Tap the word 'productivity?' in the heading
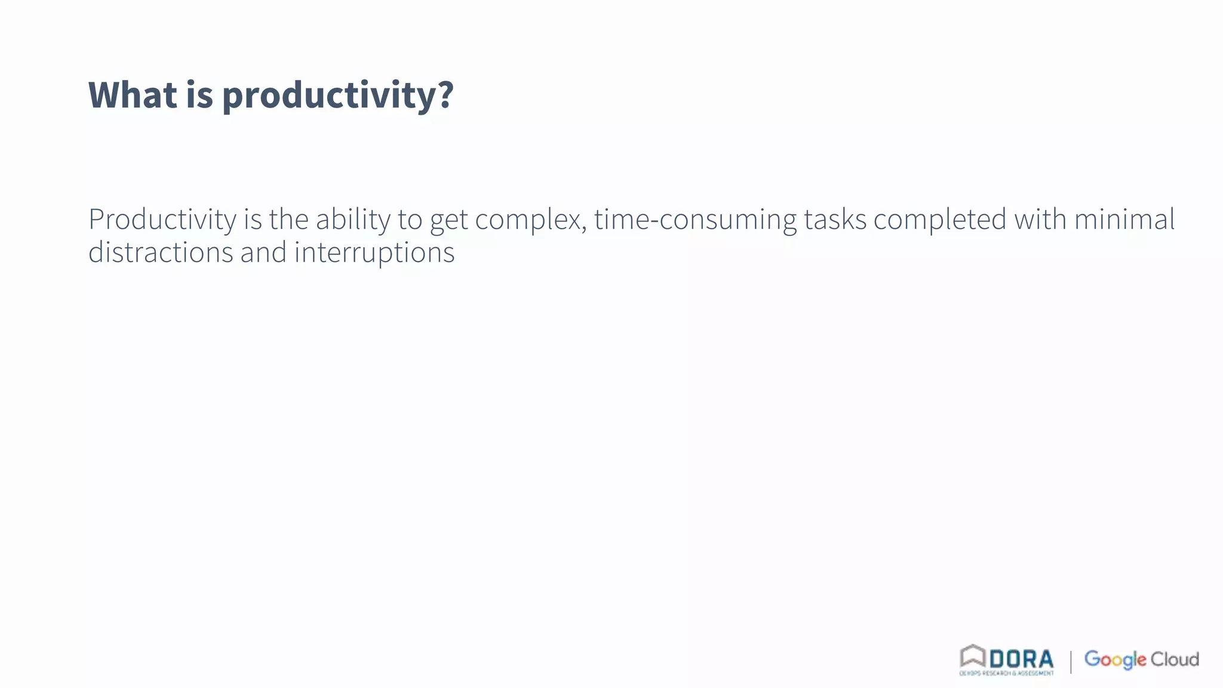pyautogui.click(x=338, y=96)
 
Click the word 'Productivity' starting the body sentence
pyautogui.click(x=162, y=220)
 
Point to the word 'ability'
pyautogui.click(x=353, y=220)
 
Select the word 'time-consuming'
pyautogui.click(x=695, y=220)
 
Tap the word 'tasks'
pyautogui.click(x=835, y=219)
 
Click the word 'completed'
pyautogui.click(x=940, y=220)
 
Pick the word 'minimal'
pyautogui.click(x=1124, y=219)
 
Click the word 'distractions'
pyautogui.click(x=161, y=252)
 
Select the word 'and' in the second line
pyautogui.click(x=263, y=252)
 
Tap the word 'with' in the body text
pyautogui.click(x=1040, y=219)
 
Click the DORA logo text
pyautogui.click(x=1021, y=659)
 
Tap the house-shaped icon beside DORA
pyautogui.click(x=972, y=656)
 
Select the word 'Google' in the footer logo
pyautogui.click(x=1115, y=659)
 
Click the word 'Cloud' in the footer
pyautogui.click(x=1175, y=659)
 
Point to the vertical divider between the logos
pyautogui.click(x=1071, y=661)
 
